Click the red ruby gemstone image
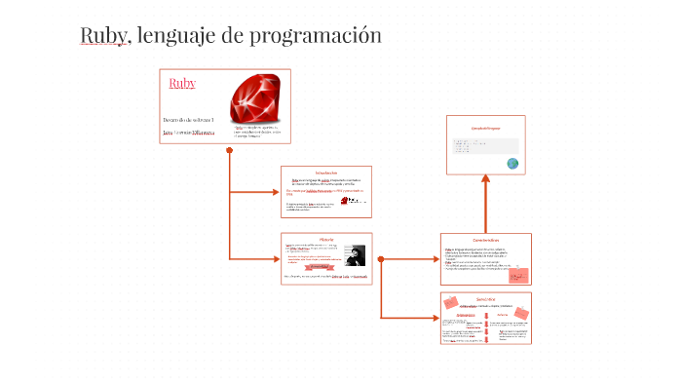tap(258, 100)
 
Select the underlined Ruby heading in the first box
tap(182, 83)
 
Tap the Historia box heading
tap(325, 239)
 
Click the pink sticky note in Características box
tap(520, 275)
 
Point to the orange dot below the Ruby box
tap(229, 150)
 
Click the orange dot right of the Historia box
tap(380, 259)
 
